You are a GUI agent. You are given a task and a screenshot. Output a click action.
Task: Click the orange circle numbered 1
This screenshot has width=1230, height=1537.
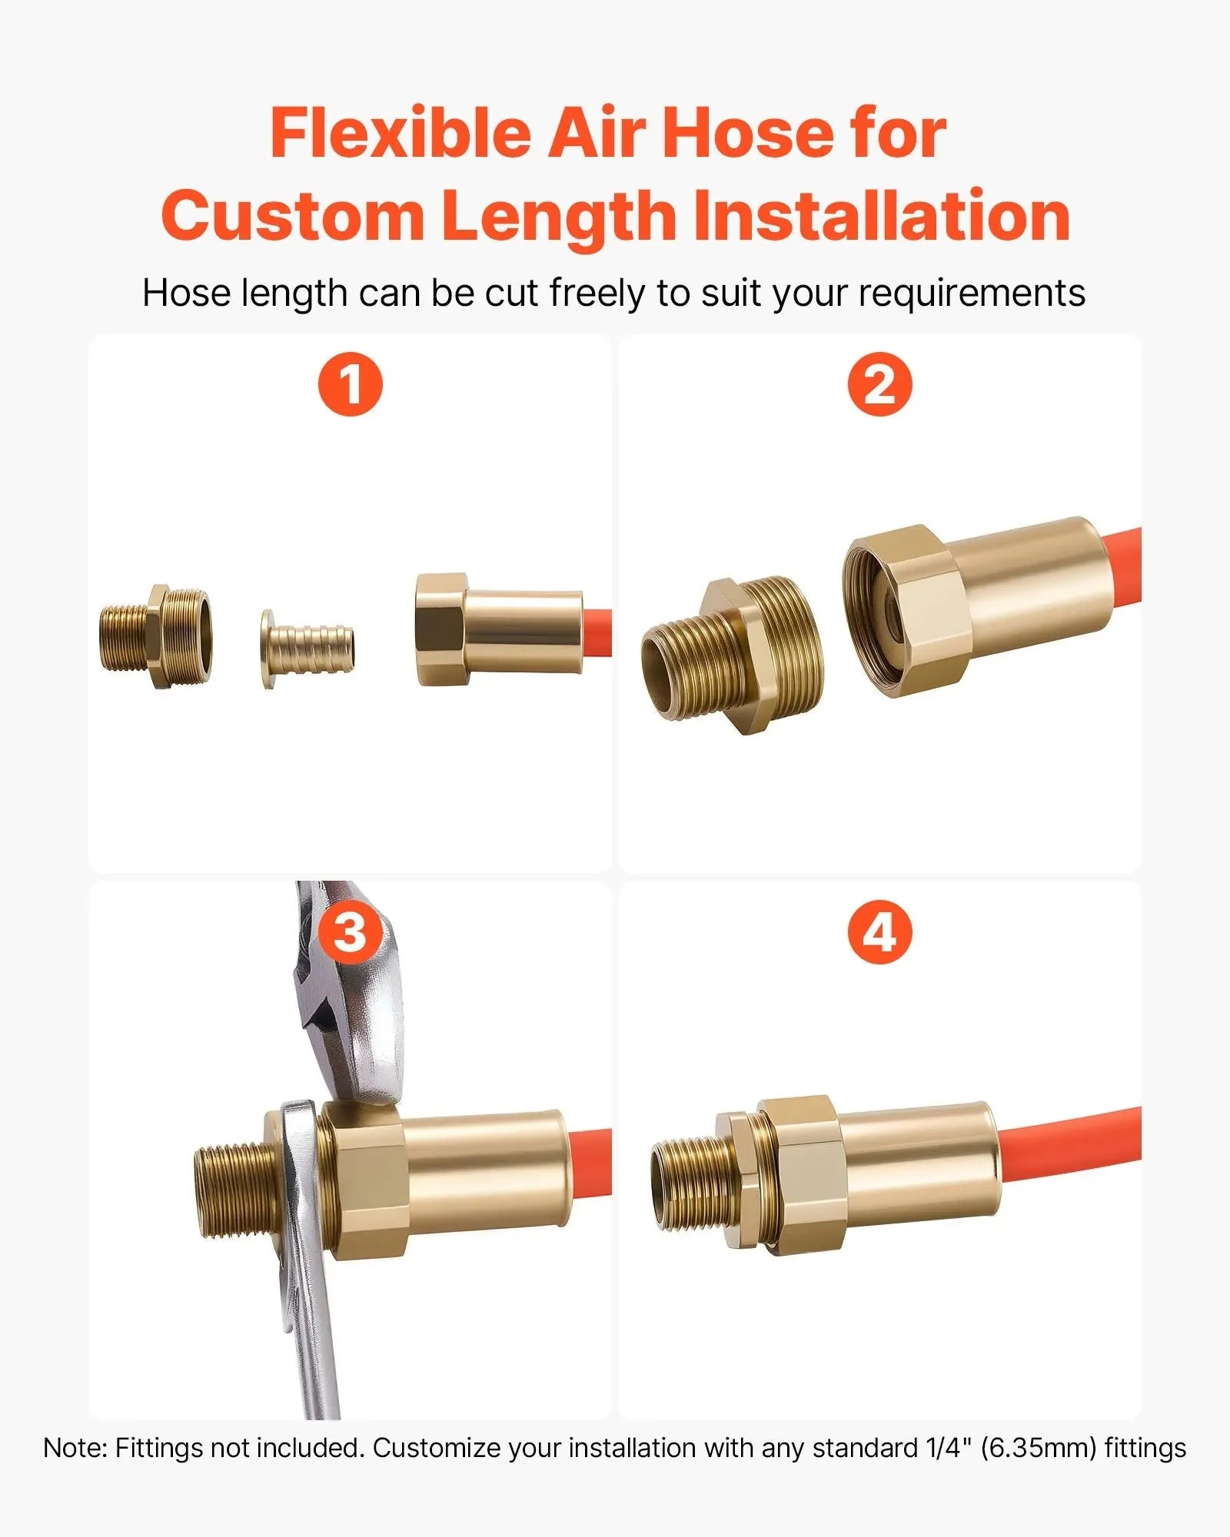351,384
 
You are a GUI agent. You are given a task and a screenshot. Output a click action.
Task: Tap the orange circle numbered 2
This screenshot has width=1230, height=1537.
879,384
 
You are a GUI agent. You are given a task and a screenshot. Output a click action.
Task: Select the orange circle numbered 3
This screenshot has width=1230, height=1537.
351,933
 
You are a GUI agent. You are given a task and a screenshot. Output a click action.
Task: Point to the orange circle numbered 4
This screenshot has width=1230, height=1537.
879,933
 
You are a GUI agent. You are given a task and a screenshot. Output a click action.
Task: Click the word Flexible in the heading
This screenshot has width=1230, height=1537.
401,134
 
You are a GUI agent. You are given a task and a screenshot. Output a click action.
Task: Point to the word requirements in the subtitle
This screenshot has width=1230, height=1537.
972,294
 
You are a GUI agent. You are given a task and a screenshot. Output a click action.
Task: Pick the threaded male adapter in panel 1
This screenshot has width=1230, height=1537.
155,636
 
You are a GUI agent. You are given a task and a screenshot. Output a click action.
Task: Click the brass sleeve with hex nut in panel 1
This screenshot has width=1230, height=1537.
499,629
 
